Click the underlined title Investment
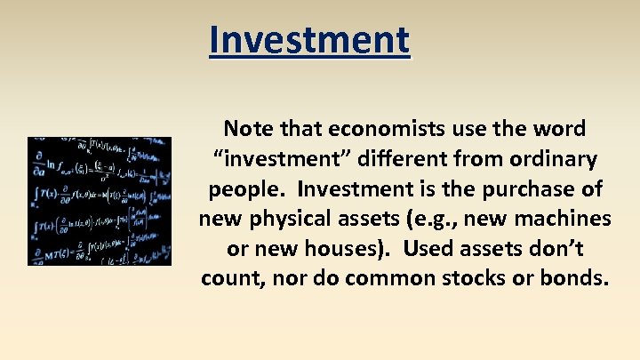pos(309,40)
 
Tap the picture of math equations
pos(100,201)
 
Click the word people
pos(245,189)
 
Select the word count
pos(231,278)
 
